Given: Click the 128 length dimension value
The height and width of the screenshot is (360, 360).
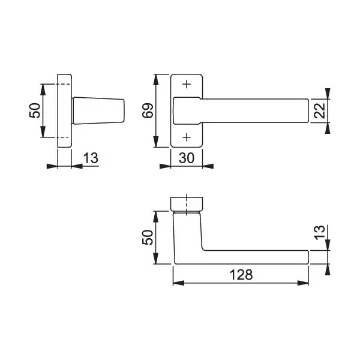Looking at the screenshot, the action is tap(241, 275).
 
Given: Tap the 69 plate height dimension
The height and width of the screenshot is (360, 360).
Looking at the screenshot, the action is tap(148, 110).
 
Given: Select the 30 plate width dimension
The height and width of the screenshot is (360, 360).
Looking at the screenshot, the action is tap(187, 158).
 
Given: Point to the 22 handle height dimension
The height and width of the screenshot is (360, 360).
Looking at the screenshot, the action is tap(320, 110).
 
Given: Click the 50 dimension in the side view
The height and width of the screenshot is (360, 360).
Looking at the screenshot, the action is tap(35, 110).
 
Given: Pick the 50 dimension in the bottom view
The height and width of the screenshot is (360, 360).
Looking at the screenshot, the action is tap(148, 238).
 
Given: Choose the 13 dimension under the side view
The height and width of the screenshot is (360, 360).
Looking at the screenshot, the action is tap(91, 158).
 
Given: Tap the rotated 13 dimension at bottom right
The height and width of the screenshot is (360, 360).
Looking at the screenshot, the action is tap(320, 233).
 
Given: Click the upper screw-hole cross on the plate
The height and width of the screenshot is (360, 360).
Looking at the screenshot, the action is tap(187, 84).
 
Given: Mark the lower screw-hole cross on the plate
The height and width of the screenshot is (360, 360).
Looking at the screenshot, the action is tap(187, 137).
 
